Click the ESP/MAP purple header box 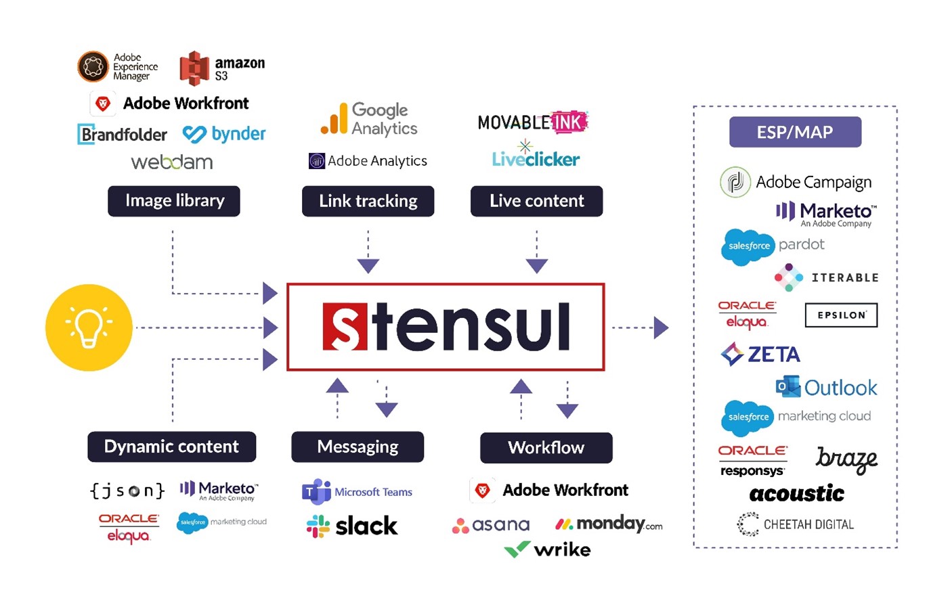click(x=795, y=132)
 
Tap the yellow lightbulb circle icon click(x=89, y=327)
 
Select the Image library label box click(x=174, y=201)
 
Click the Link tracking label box click(x=368, y=201)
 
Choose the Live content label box click(x=536, y=201)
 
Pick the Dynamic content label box click(x=171, y=447)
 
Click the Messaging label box click(x=358, y=447)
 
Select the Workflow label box click(x=546, y=447)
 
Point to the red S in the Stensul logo click(x=345, y=327)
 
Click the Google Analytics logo click(x=369, y=119)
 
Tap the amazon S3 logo click(x=222, y=68)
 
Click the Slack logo click(x=352, y=526)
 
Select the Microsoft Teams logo click(x=357, y=492)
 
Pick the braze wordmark click(x=846, y=459)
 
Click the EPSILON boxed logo click(x=841, y=315)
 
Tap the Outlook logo click(x=826, y=387)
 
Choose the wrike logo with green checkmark click(x=548, y=549)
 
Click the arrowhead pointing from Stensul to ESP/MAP click(x=661, y=327)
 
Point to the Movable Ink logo click(x=533, y=122)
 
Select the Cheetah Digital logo click(x=796, y=524)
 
